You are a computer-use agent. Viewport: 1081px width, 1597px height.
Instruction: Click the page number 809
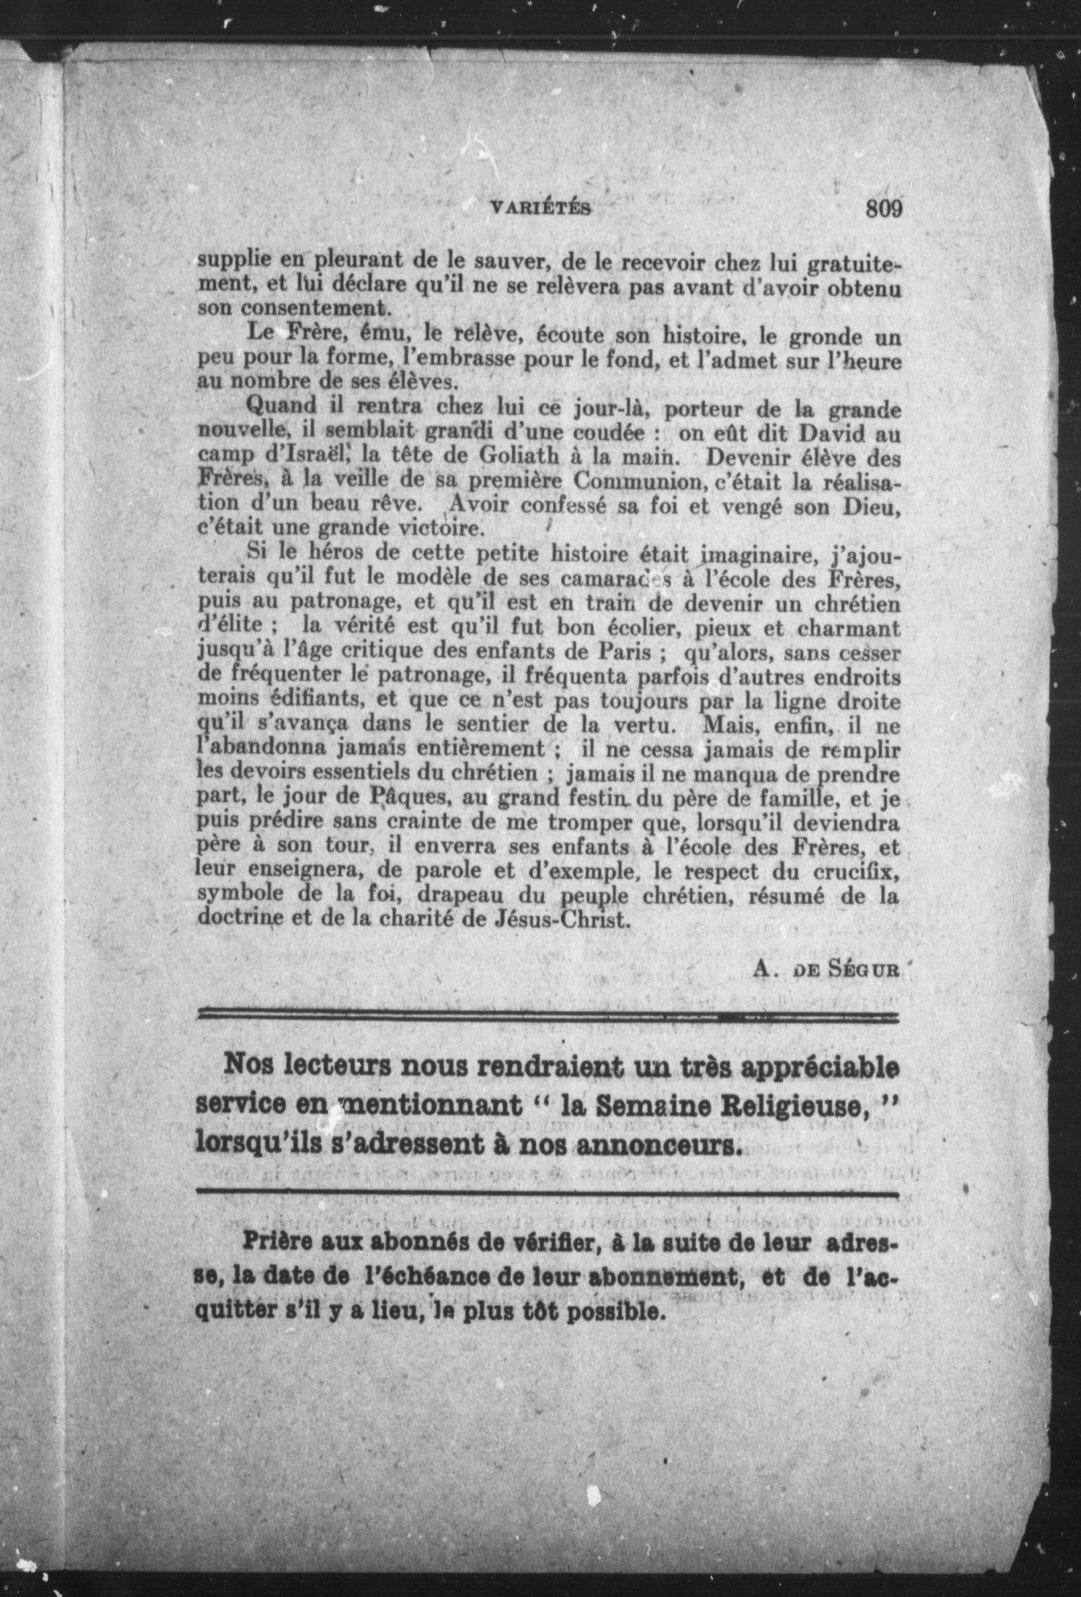884,207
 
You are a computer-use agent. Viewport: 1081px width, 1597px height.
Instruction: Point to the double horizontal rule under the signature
548,1015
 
